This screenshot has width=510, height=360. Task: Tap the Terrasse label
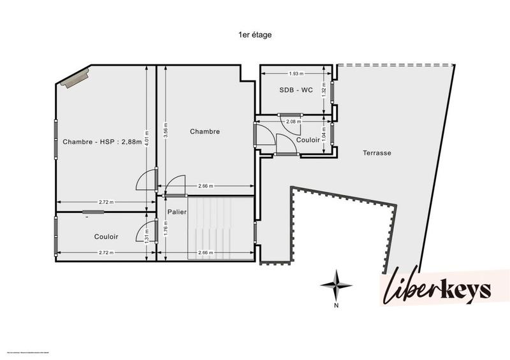[377, 153]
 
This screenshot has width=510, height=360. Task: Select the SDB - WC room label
[296, 90]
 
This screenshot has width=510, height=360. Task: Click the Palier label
[177, 212]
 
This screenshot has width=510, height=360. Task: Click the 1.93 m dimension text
[296, 73]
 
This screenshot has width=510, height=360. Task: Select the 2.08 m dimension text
[294, 121]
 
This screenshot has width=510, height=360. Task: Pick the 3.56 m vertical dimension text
[167, 131]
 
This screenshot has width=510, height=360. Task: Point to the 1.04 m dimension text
[324, 135]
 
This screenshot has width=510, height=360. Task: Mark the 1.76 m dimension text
[166, 228]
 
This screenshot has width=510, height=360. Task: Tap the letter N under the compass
[336, 305]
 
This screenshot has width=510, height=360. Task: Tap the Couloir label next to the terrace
[308, 140]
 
